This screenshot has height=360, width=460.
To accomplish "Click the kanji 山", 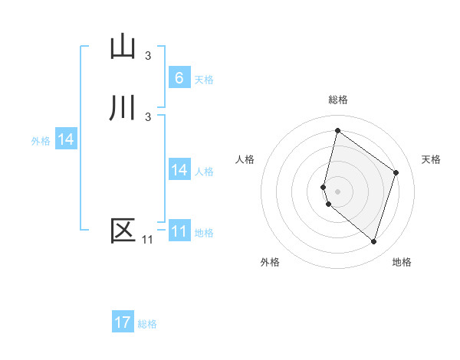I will point(123,47).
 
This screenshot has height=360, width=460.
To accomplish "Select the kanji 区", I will point(123,231).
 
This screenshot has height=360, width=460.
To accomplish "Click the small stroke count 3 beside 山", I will point(148,56).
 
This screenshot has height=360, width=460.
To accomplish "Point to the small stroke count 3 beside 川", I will point(148,116).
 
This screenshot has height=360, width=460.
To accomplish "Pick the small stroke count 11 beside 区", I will point(147,240).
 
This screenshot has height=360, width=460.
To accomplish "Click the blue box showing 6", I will point(179,78).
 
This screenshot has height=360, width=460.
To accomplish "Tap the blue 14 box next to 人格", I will point(179,170).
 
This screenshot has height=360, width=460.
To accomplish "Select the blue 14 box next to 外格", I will point(66,139).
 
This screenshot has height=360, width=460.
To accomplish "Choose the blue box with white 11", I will point(179,231).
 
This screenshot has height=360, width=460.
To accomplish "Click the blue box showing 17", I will point(123,322).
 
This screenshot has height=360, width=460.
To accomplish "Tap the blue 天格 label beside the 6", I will point(204,79).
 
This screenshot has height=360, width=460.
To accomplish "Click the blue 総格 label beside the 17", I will point(147,323).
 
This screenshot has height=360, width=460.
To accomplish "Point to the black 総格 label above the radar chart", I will point(338,100).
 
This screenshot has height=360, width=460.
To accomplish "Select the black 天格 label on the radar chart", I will point(431,159).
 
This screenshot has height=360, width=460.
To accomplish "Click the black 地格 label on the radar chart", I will point(402,262).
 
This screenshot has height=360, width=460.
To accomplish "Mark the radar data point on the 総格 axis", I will point(337,129).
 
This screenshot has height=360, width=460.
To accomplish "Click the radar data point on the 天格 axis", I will point(396,172).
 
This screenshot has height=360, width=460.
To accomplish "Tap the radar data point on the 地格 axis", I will point(373,241).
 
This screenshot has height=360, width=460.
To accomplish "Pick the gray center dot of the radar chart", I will point(337,191).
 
